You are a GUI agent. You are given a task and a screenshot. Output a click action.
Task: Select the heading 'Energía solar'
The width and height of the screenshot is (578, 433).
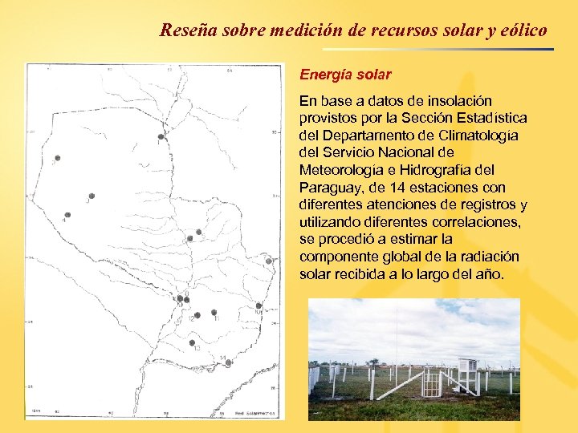point(345,75)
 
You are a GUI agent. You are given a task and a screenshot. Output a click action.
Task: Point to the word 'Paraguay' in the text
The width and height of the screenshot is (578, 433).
point(330,187)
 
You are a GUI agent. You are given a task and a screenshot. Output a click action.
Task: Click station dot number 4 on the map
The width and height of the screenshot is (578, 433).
point(91,196)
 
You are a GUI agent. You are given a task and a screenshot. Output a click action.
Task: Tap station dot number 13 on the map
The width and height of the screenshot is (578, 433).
point(192,342)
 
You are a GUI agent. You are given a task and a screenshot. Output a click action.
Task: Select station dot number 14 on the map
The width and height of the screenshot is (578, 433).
point(229,362)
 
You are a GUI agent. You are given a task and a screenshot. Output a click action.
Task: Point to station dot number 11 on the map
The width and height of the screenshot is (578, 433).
point(214,312)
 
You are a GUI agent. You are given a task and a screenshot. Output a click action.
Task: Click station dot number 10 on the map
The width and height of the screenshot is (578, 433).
point(258,306)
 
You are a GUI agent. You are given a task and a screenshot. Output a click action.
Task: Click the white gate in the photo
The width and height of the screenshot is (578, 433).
point(432,383)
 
